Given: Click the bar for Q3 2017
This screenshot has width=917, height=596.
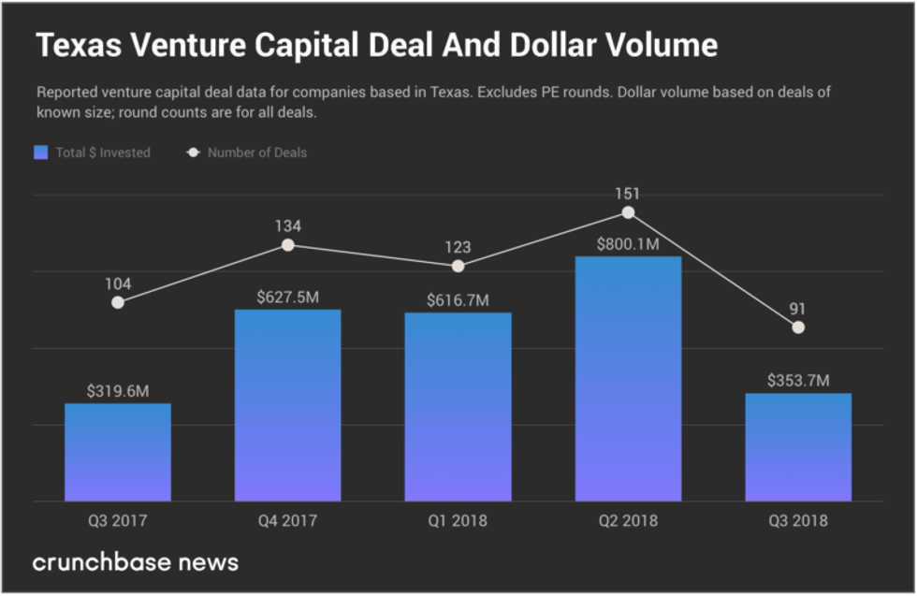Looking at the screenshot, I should coord(118,452).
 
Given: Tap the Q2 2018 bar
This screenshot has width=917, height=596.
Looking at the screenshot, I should coord(628,378).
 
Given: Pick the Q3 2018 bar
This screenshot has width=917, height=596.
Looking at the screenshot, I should coord(798,446).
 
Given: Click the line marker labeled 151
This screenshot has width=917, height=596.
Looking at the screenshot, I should coord(628,212).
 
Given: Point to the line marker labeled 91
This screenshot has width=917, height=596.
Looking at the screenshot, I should coord(798,327).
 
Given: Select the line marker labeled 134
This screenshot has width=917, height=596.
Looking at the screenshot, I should coord(288,245).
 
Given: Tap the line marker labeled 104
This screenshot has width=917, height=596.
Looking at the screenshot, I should coord(118,302).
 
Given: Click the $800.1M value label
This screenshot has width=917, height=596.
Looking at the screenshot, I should coord(628,245).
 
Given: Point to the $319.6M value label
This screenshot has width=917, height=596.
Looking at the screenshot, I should coord(118,392).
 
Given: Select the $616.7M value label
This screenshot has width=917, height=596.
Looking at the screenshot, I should coord(458,300).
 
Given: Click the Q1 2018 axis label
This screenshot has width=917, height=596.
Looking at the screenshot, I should coord(458,521).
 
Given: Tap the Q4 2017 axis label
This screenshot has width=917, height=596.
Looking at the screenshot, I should coord(287,521).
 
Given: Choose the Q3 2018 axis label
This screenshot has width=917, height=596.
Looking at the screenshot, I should coord(798,521).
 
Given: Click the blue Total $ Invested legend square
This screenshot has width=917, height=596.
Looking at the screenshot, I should coord(41,153).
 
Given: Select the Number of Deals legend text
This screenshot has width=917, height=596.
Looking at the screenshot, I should coord(256,153).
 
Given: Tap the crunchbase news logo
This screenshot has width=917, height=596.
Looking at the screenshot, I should coord(136,562).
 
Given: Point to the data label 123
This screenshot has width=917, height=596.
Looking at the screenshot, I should coord(458,248).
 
